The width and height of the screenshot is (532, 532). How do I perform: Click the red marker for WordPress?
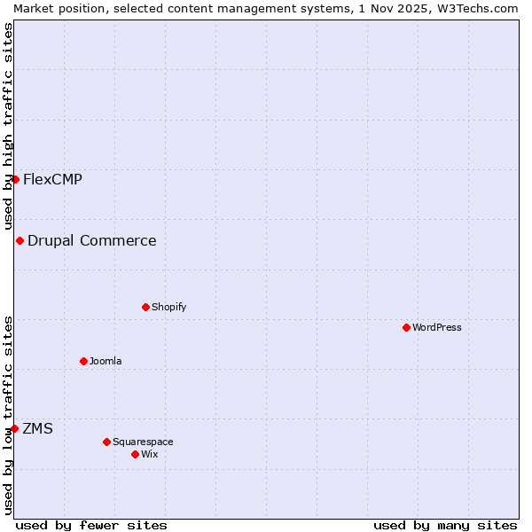pos(407,327)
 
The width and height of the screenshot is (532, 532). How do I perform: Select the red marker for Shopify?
pos(146,307)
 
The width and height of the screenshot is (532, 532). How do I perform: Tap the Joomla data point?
pos(84,361)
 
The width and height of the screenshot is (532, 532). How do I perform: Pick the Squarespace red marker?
pos(107,442)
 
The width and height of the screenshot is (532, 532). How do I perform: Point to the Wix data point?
pos(136,454)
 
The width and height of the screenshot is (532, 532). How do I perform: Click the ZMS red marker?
pos(14,428)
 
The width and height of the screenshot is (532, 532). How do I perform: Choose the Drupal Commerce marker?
pos(20,240)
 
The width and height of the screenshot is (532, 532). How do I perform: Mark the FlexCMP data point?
pos(15,179)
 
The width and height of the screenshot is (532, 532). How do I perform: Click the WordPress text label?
pos(437,327)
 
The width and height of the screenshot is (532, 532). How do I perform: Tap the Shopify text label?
pos(168,307)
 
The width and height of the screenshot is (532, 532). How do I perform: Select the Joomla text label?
pos(106,361)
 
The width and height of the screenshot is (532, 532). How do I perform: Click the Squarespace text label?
pos(143,442)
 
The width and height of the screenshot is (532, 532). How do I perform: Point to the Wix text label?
pos(150,454)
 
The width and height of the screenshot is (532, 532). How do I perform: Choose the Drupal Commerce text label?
pos(92,240)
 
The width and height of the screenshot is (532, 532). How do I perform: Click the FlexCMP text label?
pos(52,179)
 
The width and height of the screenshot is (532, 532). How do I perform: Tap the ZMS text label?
pos(38,428)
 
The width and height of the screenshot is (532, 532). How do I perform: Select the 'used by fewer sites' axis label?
pos(91,525)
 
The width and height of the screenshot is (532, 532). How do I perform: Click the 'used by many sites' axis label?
pos(445,525)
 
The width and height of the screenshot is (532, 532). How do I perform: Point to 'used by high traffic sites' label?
pos(8,126)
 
